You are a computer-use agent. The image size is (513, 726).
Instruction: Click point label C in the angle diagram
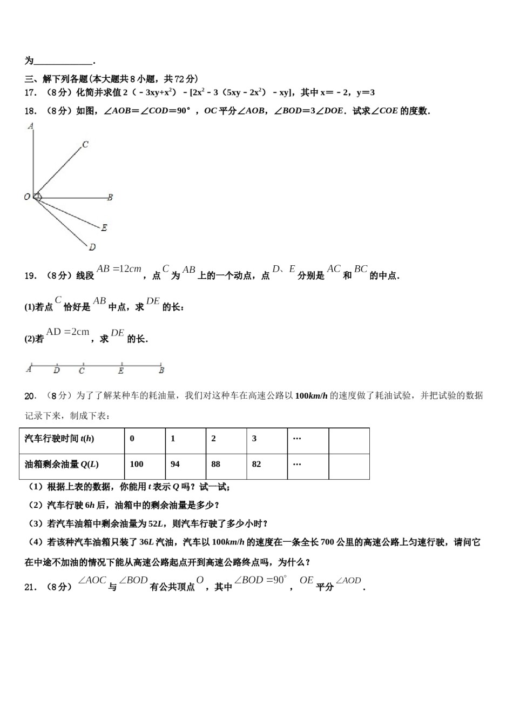85,144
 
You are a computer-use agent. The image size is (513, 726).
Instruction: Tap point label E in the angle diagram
104,227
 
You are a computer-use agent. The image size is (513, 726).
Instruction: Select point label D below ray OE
92,247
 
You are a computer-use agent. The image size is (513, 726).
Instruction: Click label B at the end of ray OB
110,198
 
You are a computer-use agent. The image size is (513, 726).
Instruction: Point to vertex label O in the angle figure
27,197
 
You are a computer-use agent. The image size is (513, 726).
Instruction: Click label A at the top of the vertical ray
31,126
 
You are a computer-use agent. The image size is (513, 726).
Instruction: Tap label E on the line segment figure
121,371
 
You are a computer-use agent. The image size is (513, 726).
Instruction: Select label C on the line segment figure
82,371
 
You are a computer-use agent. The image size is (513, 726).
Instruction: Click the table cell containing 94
185,464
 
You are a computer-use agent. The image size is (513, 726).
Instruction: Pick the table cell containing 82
267,464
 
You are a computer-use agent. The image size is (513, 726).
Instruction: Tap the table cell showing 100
145,464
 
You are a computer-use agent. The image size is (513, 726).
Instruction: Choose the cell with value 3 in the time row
267,439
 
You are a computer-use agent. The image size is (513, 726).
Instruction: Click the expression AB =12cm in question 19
119,269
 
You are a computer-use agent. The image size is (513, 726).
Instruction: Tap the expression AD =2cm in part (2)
67,332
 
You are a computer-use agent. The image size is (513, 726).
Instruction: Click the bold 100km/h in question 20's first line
312,396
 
